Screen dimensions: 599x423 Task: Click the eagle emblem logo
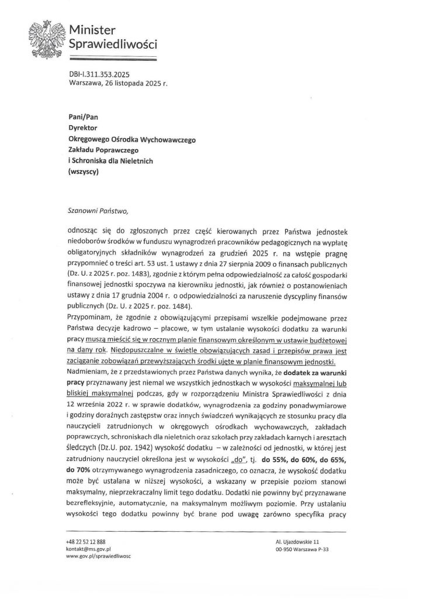(x=48, y=36)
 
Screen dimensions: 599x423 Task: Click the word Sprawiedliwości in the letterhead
(x=113, y=44)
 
